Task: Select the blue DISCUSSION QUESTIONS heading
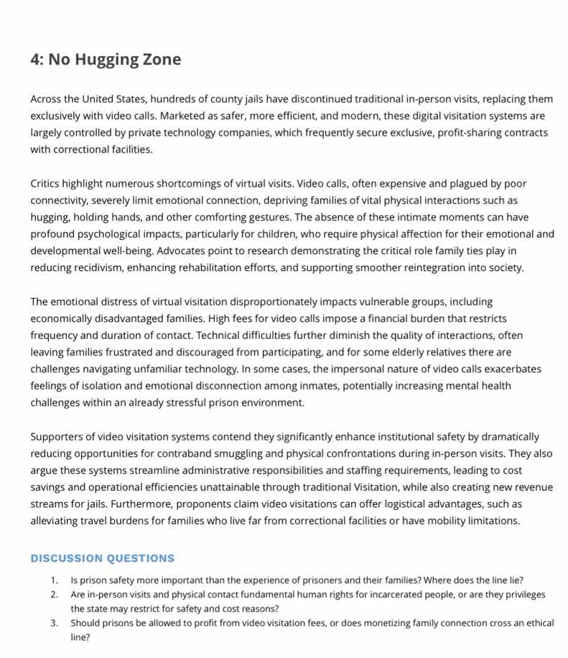[x=102, y=558]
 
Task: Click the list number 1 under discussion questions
[x=54, y=580]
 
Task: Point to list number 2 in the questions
[x=54, y=595]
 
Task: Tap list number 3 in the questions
[x=54, y=624]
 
